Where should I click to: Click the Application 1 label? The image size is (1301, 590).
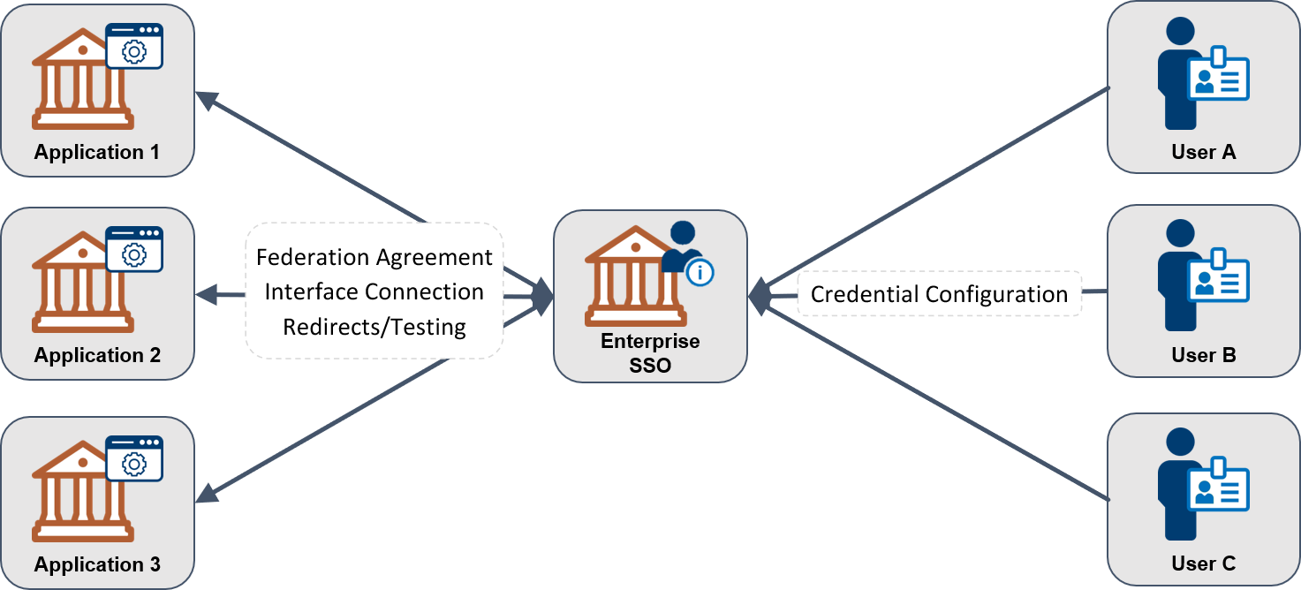(97, 152)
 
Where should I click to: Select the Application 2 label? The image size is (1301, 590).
(97, 355)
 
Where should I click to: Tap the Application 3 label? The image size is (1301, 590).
(97, 564)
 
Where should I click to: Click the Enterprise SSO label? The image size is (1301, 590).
(650, 352)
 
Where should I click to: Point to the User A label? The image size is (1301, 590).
(1203, 152)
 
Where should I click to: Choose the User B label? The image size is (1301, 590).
(1203, 355)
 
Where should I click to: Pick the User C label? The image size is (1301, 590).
(1203, 564)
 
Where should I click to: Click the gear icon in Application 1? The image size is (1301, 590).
(134, 52)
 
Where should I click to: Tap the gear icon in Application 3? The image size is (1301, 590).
(134, 464)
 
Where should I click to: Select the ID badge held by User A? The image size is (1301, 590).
(1218, 79)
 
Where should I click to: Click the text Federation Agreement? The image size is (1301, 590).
(374, 257)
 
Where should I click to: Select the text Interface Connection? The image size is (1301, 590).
(374, 291)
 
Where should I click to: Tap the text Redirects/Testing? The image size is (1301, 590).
(374, 327)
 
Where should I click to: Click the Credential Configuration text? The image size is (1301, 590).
(939, 294)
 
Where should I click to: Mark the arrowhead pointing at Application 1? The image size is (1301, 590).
(205, 100)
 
